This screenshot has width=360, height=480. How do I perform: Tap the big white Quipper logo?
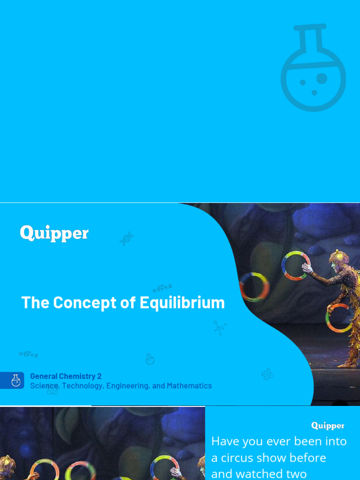point(54,233)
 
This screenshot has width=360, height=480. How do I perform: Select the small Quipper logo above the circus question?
point(328,426)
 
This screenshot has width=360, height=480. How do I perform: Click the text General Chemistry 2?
point(66,376)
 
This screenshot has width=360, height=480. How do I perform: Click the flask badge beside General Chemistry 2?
point(16,380)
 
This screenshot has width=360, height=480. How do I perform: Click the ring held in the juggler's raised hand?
point(296,266)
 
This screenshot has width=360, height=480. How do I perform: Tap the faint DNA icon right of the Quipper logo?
point(127,239)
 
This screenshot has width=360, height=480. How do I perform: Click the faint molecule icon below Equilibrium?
point(219,327)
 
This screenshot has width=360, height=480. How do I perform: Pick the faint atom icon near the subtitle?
point(267,374)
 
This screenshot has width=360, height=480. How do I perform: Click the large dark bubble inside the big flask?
point(322,77)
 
